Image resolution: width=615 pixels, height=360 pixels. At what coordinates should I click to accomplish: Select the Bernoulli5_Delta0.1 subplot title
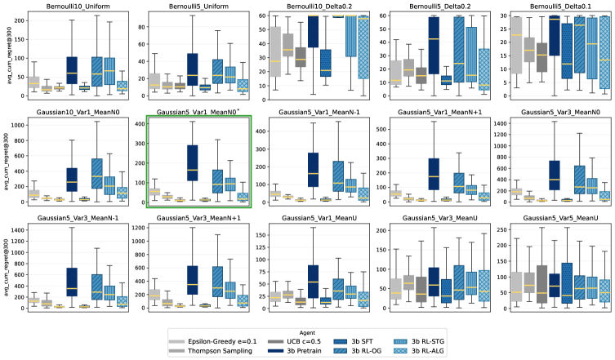[x=556, y=7]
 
